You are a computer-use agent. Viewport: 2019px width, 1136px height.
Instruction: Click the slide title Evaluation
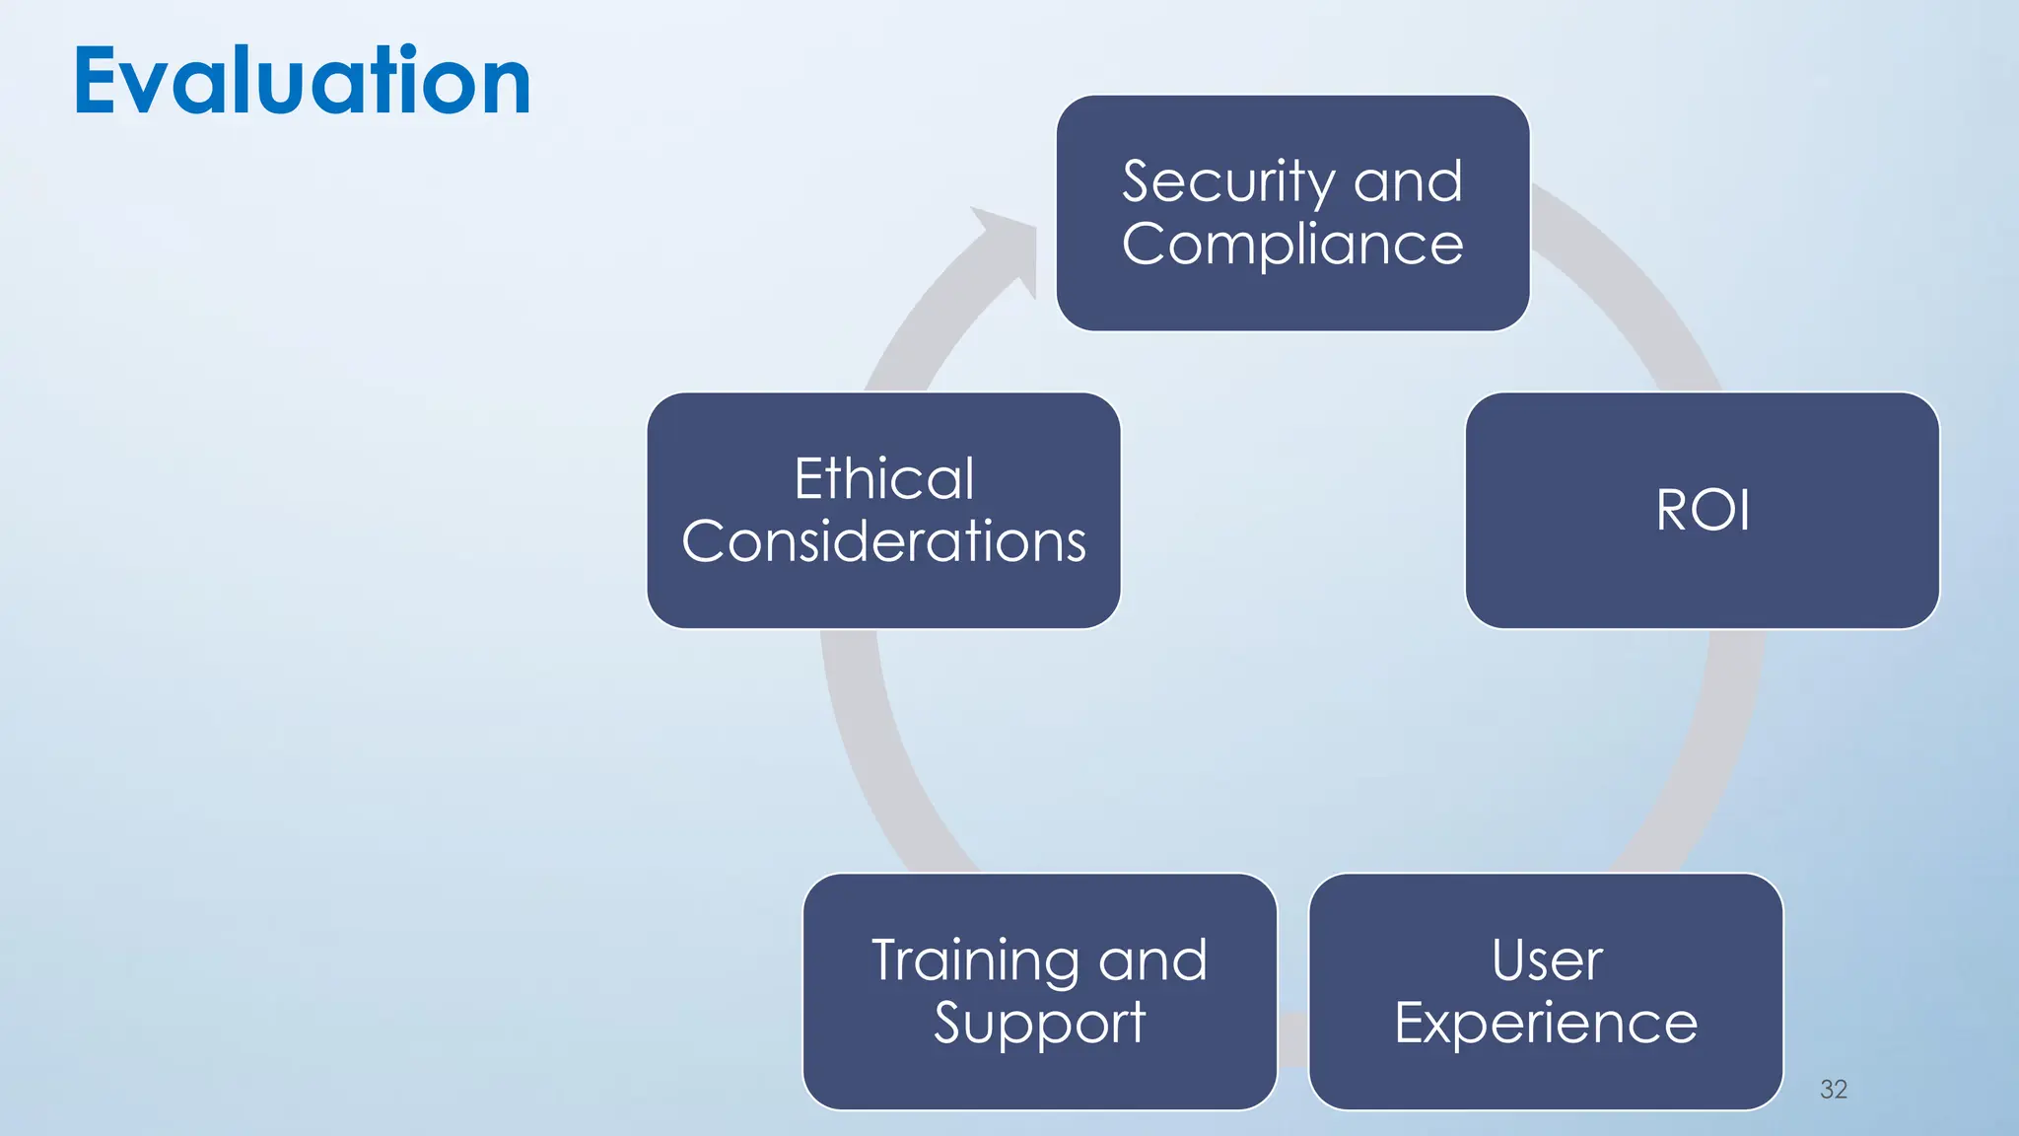[x=302, y=81]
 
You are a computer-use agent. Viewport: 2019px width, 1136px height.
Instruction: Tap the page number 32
[x=1833, y=1089]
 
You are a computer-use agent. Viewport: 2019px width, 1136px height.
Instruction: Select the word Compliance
[x=1292, y=245]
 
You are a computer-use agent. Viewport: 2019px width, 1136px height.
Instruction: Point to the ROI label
[x=1703, y=511]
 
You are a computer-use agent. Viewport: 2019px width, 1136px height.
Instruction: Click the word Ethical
[x=884, y=479]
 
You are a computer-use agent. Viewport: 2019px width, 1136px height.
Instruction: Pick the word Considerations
[x=884, y=541]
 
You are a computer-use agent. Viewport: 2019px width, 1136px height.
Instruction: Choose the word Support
[x=1039, y=1023]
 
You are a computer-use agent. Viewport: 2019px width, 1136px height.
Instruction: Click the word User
[x=1547, y=960]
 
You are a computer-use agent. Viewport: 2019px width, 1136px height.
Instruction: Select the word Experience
[x=1546, y=1023]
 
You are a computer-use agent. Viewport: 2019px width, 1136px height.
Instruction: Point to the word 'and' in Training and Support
[x=1152, y=960]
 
